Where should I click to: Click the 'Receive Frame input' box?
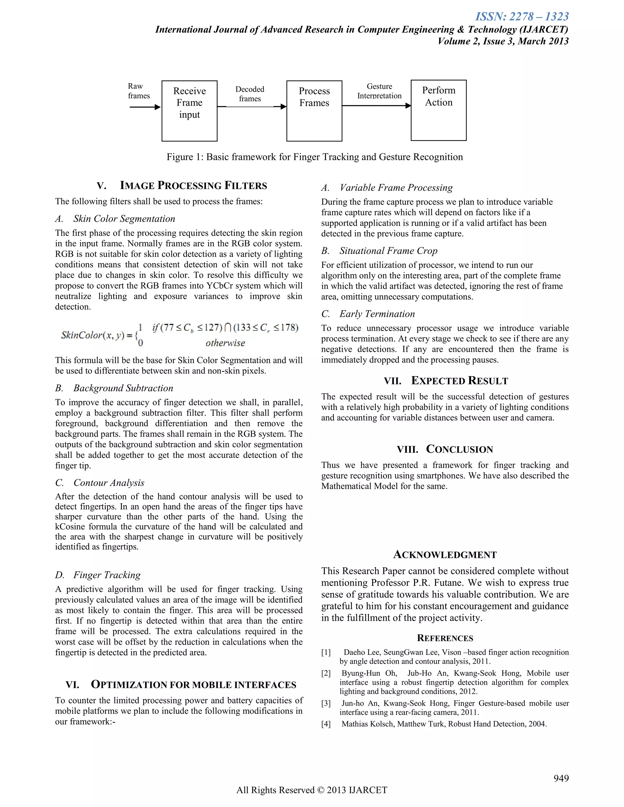(189, 111)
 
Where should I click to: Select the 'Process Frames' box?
(314, 111)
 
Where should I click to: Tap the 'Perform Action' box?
(438, 110)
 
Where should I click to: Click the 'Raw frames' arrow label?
(139, 91)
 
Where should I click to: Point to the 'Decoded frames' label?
(250, 94)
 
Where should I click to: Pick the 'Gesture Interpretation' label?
(379, 91)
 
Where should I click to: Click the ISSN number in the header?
(522, 17)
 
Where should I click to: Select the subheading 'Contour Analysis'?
(109, 483)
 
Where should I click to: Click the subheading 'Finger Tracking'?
(107, 575)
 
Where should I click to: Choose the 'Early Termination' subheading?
(377, 314)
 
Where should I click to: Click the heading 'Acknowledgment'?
(445, 555)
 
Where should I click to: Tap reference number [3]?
(326, 703)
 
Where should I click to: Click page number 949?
(561, 779)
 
